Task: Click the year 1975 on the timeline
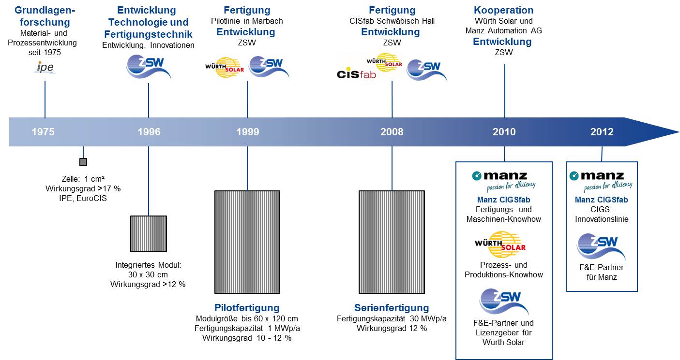pyautogui.click(x=43, y=132)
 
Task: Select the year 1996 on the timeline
pyautogui.click(x=149, y=132)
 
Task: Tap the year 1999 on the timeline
pyautogui.click(x=248, y=132)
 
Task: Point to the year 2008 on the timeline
pyautogui.click(x=392, y=132)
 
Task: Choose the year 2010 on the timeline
pyautogui.click(x=504, y=132)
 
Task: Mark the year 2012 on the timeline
pyautogui.click(x=602, y=132)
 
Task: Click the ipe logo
pyautogui.click(x=45, y=67)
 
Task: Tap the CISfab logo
pyautogui.click(x=356, y=74)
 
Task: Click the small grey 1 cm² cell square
pyautogui.click(x=83, y=162)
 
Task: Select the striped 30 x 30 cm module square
pyautogui.click(x=149, y=233)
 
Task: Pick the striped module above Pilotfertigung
pyautogui.click(x=247, y=242)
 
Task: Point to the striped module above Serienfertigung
pyautogui.click(x=392, y=242)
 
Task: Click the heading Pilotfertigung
pyautogui.click(x=247, y=308)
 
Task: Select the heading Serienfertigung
pyautogui.click(x=392, y=308)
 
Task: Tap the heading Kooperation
pyautogui.click(x=504, y=10)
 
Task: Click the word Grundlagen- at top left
pyautogui.click(x=45, y=10)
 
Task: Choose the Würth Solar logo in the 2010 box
pyautogui.click(x=500, y=245)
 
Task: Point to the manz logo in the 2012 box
pyautogui.click(x=601, y=181)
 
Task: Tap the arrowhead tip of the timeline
pyautogui.click(x=679, y=132)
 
